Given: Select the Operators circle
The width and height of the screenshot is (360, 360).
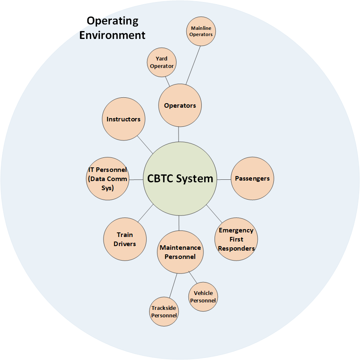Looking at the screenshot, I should (x=180, y=105).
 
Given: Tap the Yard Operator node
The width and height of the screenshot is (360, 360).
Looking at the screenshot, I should (x=162, y=62).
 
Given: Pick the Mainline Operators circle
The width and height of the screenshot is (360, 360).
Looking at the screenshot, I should (x=201, y=31).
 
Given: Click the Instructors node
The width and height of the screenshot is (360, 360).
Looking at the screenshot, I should (x=123, y=119).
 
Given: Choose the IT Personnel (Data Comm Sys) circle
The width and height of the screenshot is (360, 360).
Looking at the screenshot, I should (x=108, y=179).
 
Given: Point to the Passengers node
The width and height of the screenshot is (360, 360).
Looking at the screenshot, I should (x=252, y=179).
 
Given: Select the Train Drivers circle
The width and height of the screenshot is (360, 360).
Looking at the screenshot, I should (x=124, y=239).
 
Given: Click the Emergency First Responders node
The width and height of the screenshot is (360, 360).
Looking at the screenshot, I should (x=236, y=239).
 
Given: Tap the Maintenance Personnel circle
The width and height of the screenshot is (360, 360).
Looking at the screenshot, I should (x=180, y=252).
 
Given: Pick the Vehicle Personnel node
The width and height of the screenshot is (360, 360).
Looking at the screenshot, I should (x=203, y=297).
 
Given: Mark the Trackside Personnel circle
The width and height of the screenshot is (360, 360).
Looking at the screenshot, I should (x=164, y=312).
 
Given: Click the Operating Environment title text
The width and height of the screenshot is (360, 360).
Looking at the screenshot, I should (x=112, y=28).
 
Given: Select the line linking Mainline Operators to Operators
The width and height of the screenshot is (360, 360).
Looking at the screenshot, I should (x=193, y=65).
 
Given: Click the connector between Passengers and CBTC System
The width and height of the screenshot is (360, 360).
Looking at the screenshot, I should (x=224, y=179).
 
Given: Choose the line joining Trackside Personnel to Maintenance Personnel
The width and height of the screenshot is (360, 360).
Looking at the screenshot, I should (x=173, y=285).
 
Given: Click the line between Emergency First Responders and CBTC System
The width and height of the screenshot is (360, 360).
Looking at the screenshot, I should (x=214, y=213).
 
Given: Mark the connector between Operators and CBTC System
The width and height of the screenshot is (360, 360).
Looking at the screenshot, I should (x=179, y=134).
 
